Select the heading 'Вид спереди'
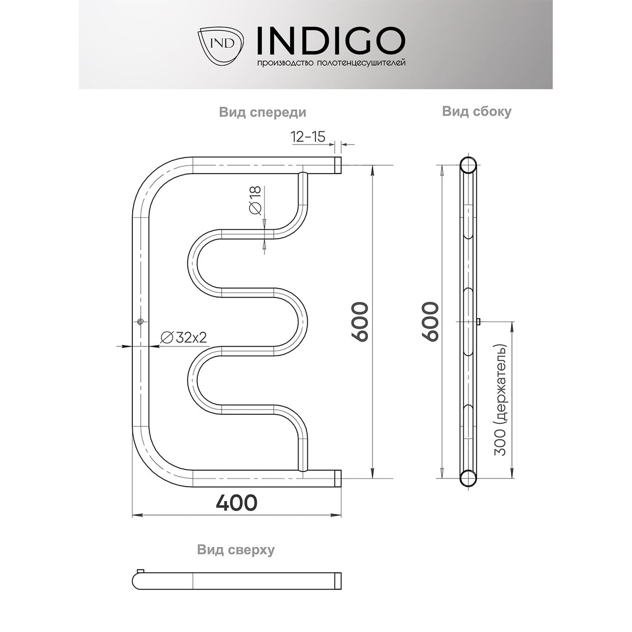pyautogui.click(x=263, y=113)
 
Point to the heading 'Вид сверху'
pyautogui.click(x=236, y=550)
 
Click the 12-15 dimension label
pyautogui.click(x=308, y=137)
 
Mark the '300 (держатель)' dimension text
pyautogui.click(x=500, y=401)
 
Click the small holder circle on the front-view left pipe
pyautogui.click(x=140, y=322)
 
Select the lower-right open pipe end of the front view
pyautogui.click(x=337, y=478)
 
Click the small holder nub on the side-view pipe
pyautogui.click(x=479, y=321)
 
